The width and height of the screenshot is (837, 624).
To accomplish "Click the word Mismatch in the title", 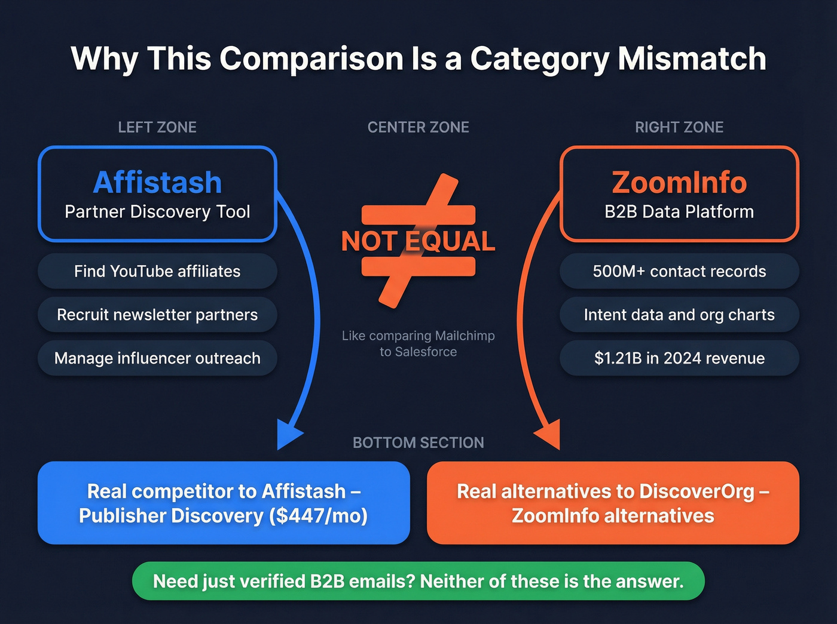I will click(x=692, y=59).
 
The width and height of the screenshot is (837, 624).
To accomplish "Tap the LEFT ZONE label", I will click(x=157, y=127).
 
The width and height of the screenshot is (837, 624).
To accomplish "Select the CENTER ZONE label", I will click(x=418, y=127).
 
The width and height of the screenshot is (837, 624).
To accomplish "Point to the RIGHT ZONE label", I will click(x=679, y=127).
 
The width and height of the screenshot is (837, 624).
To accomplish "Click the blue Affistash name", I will click(x=157, y=182).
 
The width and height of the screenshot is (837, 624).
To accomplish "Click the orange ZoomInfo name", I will click(x=679, y=182).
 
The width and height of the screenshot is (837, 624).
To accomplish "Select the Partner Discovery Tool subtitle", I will click(x=157, y=212).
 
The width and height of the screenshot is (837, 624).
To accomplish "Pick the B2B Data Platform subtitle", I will click(x=679, y=212).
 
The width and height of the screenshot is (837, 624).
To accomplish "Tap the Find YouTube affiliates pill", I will click(x=157, y=271).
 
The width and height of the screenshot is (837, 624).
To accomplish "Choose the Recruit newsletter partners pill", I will click(x=157, y=315).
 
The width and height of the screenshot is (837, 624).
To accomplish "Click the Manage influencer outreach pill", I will click(x=157, y=358).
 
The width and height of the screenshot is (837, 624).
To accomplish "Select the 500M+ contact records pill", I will click(x=679, y=271).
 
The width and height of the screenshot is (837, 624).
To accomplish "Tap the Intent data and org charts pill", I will click(x=679, y=315).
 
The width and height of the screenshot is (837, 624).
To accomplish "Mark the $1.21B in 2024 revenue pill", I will click(x=679, y=358).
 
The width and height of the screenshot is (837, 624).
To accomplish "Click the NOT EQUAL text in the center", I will click(x=418, y=241).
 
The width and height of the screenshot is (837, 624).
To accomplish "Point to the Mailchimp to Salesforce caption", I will click(x=418, y=344).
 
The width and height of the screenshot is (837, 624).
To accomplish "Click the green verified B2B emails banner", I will click(x=418, y=581).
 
